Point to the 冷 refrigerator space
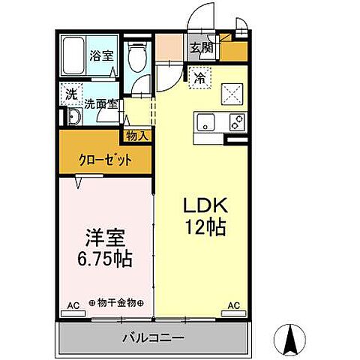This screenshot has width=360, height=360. click(x=200, y=76)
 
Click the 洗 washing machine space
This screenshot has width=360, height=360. click(x=70, y=94)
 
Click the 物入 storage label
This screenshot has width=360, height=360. click(x=137, y=136)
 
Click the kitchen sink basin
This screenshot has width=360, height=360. click(x=207, y=122)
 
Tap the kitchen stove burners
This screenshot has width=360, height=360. click(x=237, y=122)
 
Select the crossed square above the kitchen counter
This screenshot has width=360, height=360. click(x=232, y=94)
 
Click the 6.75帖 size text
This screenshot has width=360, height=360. click(x=106, y=259)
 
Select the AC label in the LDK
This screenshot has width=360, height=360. click(x=233, y=305)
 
